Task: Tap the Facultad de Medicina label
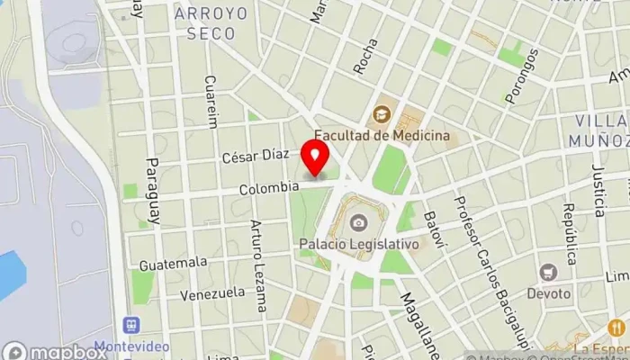[389, 135]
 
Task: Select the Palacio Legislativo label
[359, 243]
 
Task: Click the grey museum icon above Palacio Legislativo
[359, 222]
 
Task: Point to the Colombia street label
[269, 188]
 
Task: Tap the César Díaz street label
[256, 156]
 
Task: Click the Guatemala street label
[173, 263]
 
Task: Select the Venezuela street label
[212, 293]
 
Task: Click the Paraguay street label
[152, 193]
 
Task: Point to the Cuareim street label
[212, 102]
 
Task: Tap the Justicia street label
[598, 191]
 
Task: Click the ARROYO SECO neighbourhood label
[205, 23]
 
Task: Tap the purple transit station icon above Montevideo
[132, 324]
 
